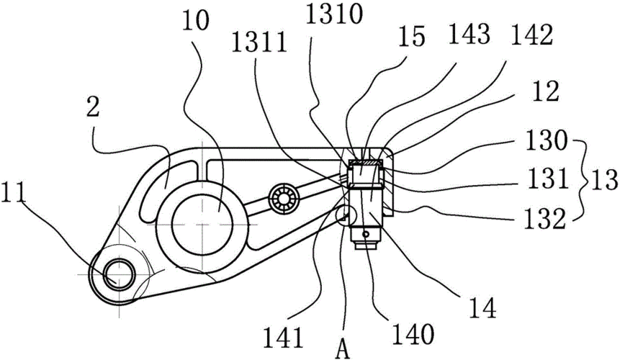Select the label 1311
(x=259, y=43)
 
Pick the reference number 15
(x=412, y=36)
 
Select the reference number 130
(x=546, y=140)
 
